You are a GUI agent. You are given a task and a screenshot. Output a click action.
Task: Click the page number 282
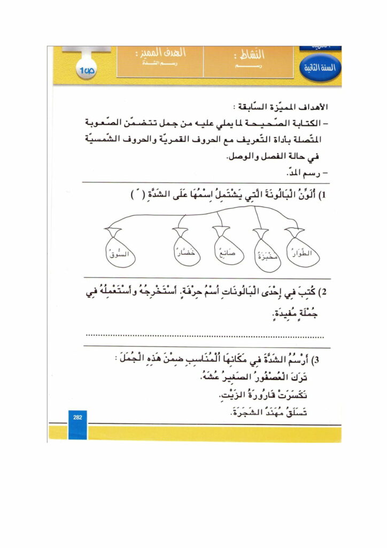point(78,417)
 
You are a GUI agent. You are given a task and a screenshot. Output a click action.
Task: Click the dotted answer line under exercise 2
point(205,337)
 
